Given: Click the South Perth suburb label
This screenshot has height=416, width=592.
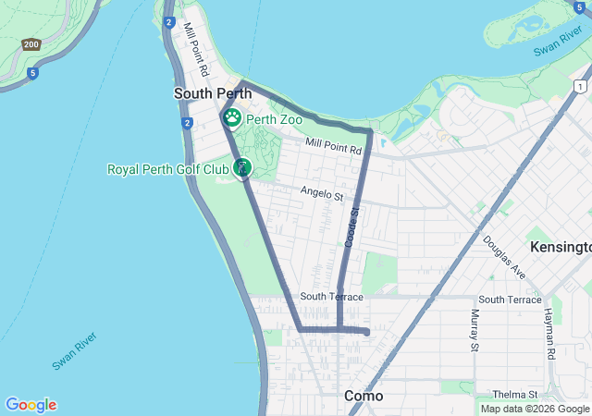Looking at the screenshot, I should (x=213, y=93).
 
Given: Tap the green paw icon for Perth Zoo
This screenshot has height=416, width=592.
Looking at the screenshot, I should (x=231, y=118).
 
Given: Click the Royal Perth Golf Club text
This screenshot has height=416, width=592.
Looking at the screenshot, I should (x=167, y=169).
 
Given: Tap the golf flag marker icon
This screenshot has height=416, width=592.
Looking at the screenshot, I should (x=242, y=167).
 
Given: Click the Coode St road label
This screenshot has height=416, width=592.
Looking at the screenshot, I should (x=352, y=226).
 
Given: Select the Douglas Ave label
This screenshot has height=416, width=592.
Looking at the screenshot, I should (x=504, y=256).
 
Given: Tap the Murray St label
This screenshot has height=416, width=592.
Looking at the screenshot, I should (x=475, y=331).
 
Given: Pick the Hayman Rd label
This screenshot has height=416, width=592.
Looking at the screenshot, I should (x=549, y=334).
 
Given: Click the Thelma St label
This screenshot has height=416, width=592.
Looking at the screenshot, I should (x=509, y=395).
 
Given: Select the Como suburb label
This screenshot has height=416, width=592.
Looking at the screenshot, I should (x=364, y=396).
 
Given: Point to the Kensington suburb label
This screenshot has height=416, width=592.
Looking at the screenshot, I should (x=561, y=248).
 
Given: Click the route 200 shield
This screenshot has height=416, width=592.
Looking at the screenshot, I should (x=31, y=43).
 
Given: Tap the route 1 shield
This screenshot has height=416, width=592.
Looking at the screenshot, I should (x=579, y=86).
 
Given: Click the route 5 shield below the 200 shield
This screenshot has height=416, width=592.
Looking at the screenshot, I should (x=32, y=73).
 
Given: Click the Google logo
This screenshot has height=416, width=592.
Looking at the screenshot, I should (x=31, y=405).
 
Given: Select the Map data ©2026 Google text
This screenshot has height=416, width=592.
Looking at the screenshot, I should (x=535, y=409).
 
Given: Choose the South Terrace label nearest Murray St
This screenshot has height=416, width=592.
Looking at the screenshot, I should (x=510, y=300).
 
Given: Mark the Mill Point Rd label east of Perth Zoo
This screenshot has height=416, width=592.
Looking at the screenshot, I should (x=333, y=148).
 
